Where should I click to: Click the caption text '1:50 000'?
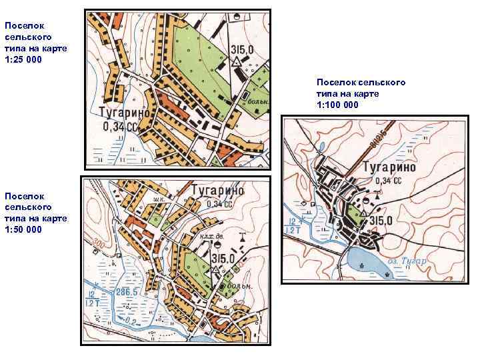(x=23, y=229)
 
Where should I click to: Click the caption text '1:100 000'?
(x=337, y=105)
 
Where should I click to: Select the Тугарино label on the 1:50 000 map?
(x=217, y=191)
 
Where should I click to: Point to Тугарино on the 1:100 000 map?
(x=389, y=167)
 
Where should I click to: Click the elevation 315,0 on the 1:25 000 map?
(x=242, y=49)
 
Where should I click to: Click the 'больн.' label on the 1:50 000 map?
(x=239, y=286)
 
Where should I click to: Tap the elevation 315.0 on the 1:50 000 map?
(x=223, y=258)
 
